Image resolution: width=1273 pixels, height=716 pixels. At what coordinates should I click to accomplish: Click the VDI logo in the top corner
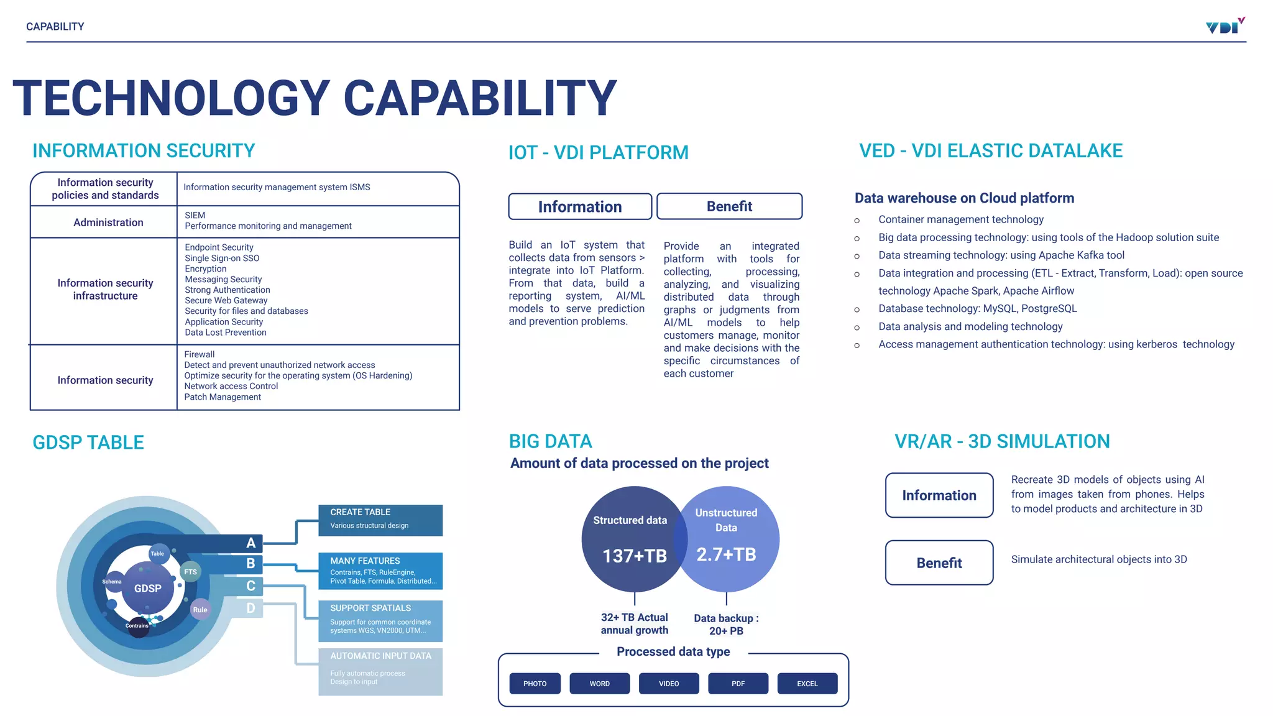click(1225, 26)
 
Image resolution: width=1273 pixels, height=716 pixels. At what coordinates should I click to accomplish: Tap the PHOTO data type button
click(535, 683)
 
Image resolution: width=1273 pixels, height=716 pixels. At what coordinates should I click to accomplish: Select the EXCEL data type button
click(807, 683)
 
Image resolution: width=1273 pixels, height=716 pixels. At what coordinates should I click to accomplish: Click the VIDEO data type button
click(669, 683)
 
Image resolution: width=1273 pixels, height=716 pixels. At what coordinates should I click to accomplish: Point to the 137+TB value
click(634, 556)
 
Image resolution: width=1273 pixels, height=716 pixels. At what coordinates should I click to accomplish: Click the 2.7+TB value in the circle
click(726, 554)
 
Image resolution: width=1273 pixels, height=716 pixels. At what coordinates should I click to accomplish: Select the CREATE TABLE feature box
click(380, 520)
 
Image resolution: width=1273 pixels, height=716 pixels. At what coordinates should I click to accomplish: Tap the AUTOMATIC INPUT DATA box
click(380, 671)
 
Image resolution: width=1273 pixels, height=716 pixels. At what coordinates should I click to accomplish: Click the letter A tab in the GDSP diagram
click(250, 543)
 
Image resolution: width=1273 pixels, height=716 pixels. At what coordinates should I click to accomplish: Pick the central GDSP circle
click(147, 588)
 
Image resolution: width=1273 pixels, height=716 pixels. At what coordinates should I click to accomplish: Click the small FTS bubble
click(190, 572)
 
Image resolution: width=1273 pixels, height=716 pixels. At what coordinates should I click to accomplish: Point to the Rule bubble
click(200, 610)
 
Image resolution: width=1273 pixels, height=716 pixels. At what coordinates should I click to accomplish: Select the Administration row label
click(108, 223)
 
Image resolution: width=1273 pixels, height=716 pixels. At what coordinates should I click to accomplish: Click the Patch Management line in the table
click(223, 397)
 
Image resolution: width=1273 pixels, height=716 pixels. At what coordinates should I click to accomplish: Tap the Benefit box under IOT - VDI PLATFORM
click(729, 206)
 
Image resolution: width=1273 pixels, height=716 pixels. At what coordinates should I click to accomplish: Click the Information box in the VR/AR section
click(939, 495)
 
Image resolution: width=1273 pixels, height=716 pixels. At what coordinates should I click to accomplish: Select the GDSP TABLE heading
click(88, 443)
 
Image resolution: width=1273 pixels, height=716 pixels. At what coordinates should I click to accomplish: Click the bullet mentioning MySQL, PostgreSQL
click(977, 309)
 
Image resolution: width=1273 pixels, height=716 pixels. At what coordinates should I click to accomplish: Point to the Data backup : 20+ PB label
click(726, 624)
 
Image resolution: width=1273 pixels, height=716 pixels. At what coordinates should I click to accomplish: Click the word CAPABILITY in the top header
click(55, 27)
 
